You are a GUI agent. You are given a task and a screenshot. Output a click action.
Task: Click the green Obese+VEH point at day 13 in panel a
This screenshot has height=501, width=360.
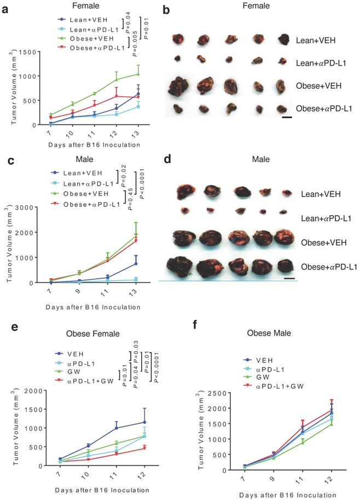[x=138, y=74]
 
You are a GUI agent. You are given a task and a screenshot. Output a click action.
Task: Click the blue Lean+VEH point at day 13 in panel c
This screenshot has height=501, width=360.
[x=135, y=263]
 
